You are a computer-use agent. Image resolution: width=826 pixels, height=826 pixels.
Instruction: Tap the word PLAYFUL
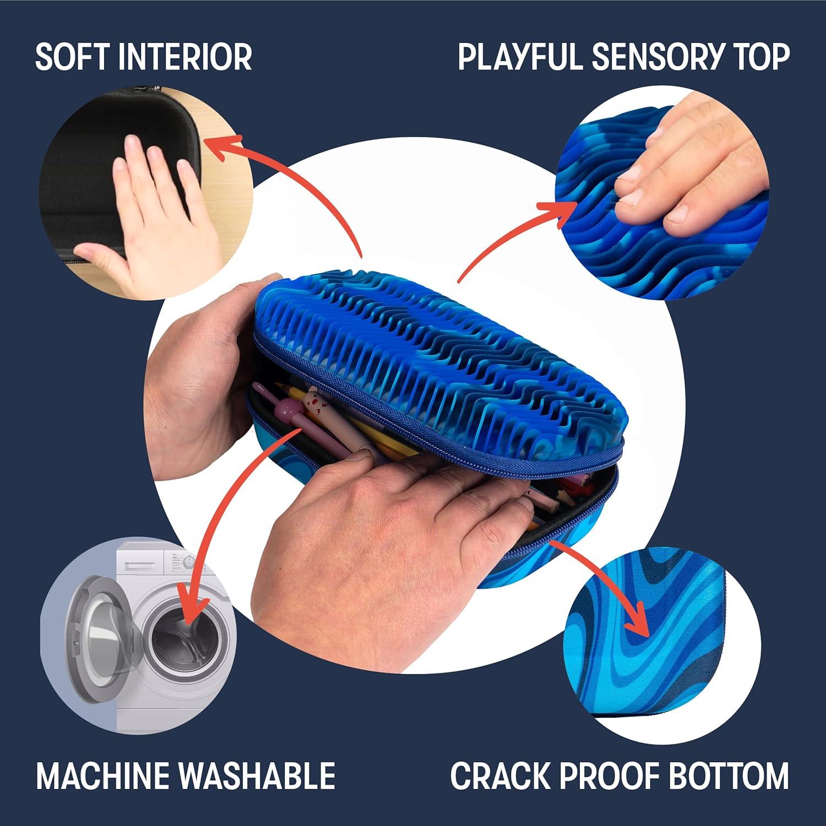point(519,56)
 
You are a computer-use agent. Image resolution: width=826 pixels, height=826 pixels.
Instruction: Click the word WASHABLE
point(258,775)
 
